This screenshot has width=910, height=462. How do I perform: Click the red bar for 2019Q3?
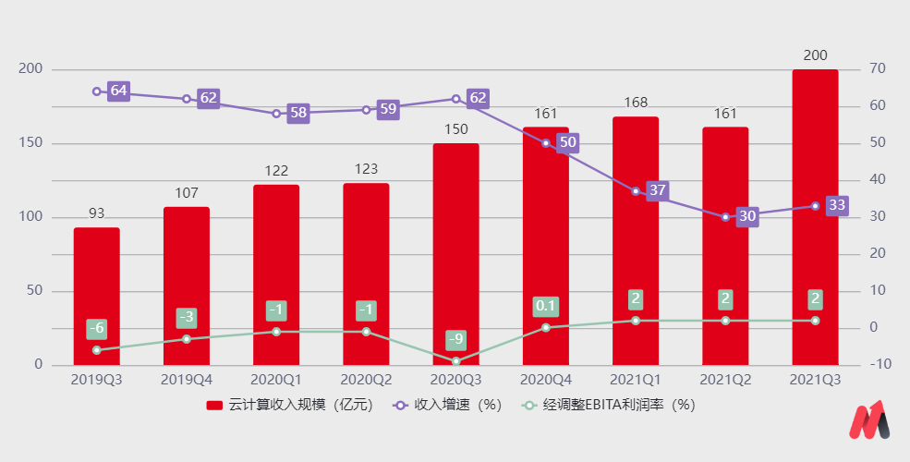point(96,296)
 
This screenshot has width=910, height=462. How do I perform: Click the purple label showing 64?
point(118,91)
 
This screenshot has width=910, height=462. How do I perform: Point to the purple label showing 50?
point(568,142)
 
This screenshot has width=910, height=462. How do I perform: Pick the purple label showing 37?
point(658,191)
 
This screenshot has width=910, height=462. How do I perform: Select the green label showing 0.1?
point(545,306)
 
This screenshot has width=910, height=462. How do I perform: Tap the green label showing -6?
point(96,329)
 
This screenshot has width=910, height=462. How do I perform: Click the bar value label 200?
point(815,55)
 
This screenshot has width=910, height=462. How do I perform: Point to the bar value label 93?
point(96,213)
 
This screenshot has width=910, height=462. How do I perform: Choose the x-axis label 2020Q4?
point(545,379)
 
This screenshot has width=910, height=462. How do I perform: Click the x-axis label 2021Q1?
point(636,379)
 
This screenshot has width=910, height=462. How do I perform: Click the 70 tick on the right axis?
point(878,69)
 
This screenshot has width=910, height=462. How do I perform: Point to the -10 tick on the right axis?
point(880,364)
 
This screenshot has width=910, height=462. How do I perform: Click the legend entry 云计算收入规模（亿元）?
point(288,405)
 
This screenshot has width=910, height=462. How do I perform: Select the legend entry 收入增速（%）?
point(447,405)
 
